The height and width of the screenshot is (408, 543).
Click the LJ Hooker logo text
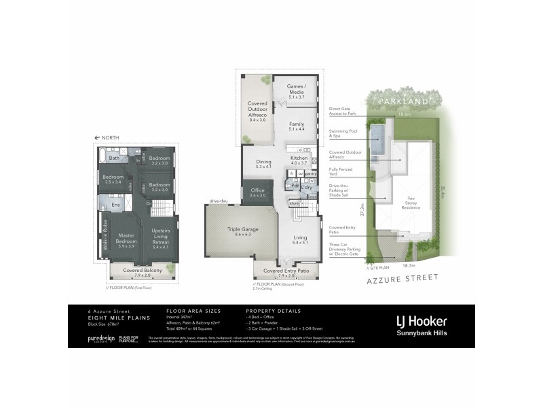click(421, 320)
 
